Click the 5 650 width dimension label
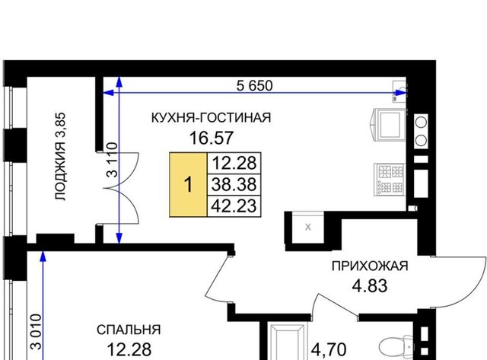(x=254, y=85)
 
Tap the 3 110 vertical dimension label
(x=113, y=160)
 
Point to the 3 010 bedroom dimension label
(x=36, y=332)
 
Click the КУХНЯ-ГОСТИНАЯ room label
(x=212, y=118)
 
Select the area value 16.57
(x=212, y=138)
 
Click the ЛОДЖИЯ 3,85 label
(x=60, y=157)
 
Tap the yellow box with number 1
(x=188, y=184)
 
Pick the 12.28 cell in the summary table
(x=234, y=163)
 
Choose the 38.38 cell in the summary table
(x=234, y=184)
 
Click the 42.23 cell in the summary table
(x=234, y=206)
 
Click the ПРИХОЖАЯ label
(x=370, y=266)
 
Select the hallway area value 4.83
(x=370, y=285)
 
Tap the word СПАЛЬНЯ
(x=129, y=330)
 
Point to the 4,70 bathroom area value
(x=329, y=350)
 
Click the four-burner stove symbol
(x=390, y=180)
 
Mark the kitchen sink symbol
(x=399, y=91)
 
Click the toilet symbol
(x=397, y=347)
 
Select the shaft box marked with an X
(x=307, y=228)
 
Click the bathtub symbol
(x=287, y=342)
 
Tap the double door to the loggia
(x=120, y=188)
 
